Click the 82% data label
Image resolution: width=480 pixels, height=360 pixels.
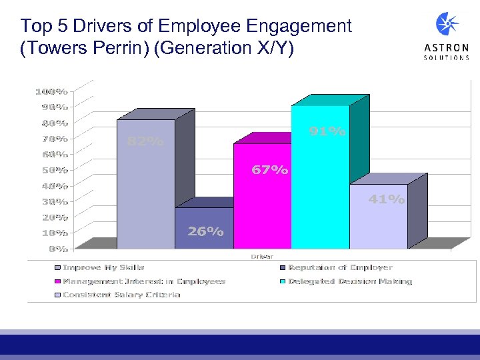point(145,141)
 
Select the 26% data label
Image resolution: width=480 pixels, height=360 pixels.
point(205,231)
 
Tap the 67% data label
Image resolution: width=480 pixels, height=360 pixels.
point(269,170)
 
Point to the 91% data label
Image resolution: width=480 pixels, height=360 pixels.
point(327,132)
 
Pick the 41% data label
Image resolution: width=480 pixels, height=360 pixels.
point(387,199)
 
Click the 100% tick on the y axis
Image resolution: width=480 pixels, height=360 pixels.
point(51,91)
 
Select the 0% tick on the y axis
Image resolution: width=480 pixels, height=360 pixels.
point(56,249)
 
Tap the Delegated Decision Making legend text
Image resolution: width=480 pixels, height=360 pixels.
point(349,281)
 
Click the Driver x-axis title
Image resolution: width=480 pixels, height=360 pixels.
point(262,256)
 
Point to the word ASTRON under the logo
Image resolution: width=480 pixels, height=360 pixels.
point(447,48)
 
